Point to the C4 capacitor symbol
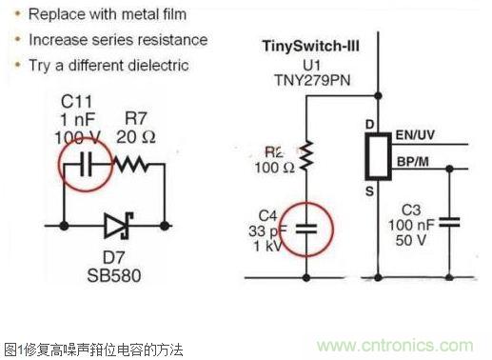305,229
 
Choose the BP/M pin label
418,161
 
